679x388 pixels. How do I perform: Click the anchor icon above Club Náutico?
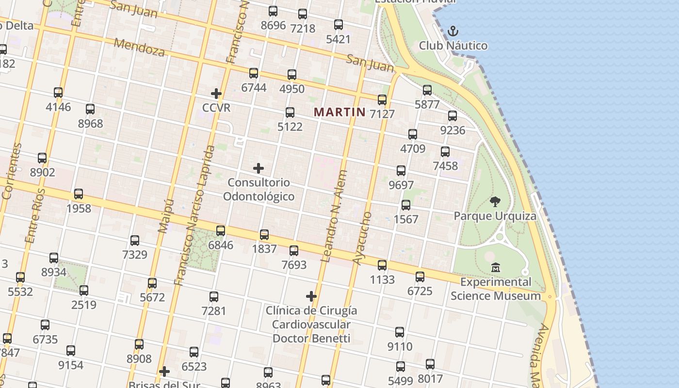(453, 32)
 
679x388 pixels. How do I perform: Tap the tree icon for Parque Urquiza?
(495, 201)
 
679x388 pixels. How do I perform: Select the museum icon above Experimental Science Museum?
(496, 267)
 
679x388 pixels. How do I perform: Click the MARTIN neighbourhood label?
(339, 112)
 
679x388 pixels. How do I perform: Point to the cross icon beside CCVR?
(216, 93)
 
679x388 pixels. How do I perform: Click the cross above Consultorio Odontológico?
(259, 168)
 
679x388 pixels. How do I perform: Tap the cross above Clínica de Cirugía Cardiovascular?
(311, 296)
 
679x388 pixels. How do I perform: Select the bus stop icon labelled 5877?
(427, 90)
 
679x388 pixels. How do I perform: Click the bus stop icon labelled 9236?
(453, 116)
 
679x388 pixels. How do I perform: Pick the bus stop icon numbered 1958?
(79, 194)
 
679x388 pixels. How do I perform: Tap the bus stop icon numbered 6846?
(221, 231)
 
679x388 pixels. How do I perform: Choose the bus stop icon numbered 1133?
(382, 265)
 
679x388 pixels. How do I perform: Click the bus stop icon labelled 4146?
(58, 93)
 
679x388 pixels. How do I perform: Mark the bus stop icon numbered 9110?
(400, 332)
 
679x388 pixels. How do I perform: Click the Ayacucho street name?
(362, 238)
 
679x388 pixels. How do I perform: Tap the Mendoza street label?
(139, 47)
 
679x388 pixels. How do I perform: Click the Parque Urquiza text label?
(495, 216)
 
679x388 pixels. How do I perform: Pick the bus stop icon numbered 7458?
(445, 152)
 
